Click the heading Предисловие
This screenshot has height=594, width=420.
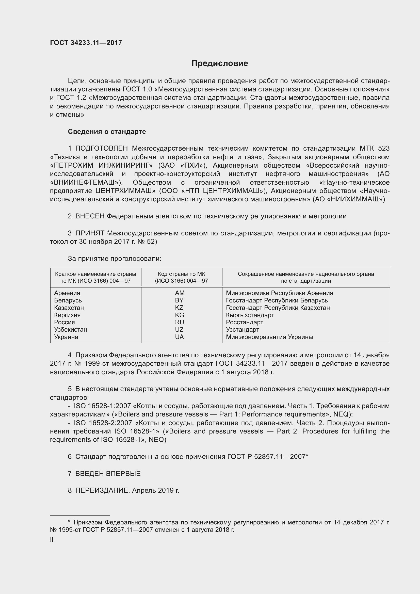point(220,63)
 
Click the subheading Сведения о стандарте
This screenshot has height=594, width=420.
point(107,132)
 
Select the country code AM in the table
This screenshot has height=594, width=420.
point(180,293)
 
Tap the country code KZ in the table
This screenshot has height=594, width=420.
point(179,308)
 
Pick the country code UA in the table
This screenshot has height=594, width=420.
point(179,337)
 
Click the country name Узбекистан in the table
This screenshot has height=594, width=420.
point(70,330)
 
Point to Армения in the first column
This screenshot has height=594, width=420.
point(67,293)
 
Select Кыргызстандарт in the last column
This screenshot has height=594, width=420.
point(250,315)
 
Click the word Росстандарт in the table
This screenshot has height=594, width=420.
point(244,322)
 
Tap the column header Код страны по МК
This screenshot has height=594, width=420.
point(181,274)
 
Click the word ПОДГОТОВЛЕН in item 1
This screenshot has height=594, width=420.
point(101,149)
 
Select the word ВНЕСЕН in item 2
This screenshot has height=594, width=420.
point(90,216)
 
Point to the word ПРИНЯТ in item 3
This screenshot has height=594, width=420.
point(90,233)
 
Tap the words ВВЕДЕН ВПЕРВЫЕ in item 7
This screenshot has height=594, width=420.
point(108,474)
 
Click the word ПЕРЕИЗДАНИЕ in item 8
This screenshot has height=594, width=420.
point(102,491)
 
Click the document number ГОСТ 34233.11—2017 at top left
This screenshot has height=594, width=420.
point(86,43)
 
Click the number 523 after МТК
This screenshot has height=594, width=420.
point(383,149)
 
